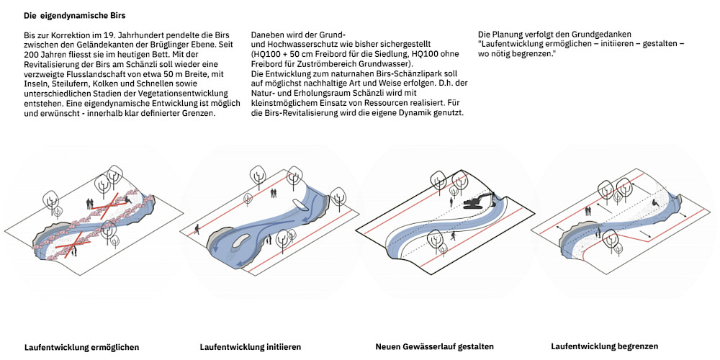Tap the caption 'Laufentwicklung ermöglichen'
(x=81, y=346)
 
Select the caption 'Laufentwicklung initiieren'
(x=250, y=347)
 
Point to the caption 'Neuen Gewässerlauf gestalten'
(x=435, y=346)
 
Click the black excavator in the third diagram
(x=478, y=201)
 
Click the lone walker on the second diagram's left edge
(x=196, y=230)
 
